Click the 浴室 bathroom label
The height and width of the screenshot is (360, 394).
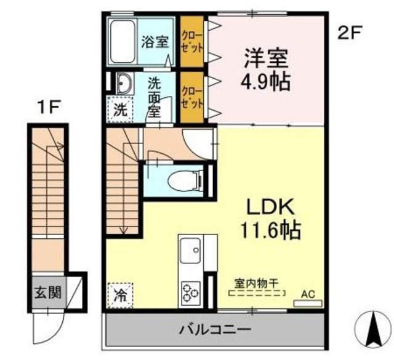click(155, 42)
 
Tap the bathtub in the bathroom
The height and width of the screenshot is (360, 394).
click(124, 41)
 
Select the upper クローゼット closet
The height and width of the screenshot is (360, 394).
click(191, 42)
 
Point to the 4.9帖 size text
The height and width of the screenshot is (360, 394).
click(267, 82)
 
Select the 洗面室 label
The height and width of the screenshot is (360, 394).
click(153, 98)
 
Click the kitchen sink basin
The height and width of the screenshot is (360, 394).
click(190, 252)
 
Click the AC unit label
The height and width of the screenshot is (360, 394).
click(307, 294)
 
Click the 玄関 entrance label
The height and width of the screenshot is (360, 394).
click(48, 292)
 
